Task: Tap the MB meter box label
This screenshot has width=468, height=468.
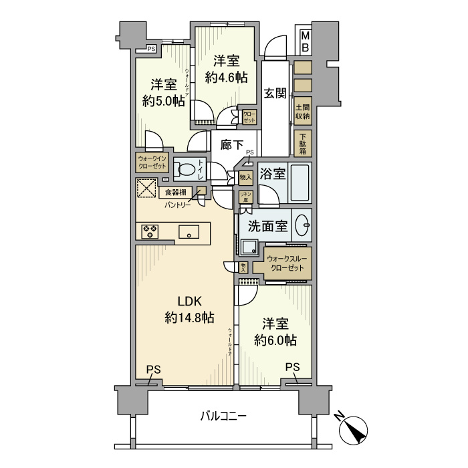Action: pyautogui.click(x=304, y=41)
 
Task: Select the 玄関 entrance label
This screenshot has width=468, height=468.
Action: pyautogui.click(x=274, y=93)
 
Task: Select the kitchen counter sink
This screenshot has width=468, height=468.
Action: pyautogui.click(x=189, y=232)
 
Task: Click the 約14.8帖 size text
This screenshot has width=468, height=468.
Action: pyautogui.click(x=189, y=318)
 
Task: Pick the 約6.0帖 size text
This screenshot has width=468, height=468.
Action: pyautogui.click(x=275, y=340)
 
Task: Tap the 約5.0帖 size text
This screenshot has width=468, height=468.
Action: pyautogui.click(x=163, y=101)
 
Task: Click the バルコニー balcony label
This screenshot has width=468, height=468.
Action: pyautogui.click(x=224, y=417)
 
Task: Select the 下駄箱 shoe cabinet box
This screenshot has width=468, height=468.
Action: pyautogui.click(x=303, y=142)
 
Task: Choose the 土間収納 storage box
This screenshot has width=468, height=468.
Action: pyautogui.click(x=303, y=111)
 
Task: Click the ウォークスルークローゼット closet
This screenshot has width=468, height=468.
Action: pyautogui.click(x=287, y=262)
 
